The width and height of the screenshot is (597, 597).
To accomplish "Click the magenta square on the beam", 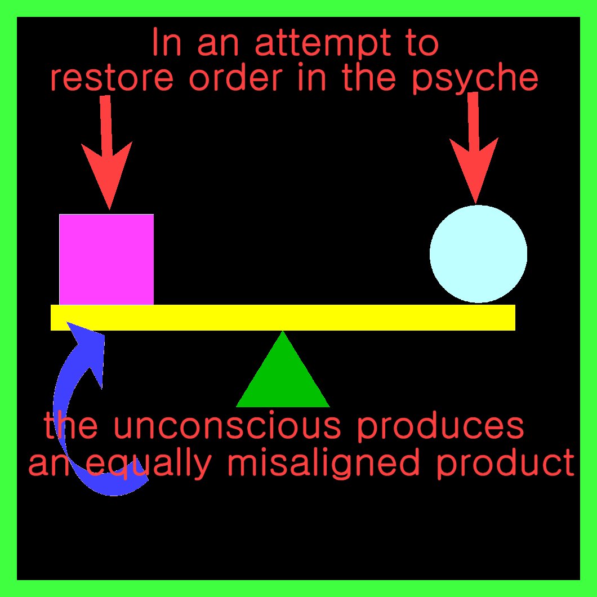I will (106, 259).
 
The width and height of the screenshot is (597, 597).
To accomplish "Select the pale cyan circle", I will (478, 254).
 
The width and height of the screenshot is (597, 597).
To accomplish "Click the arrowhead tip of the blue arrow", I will (69, 323).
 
